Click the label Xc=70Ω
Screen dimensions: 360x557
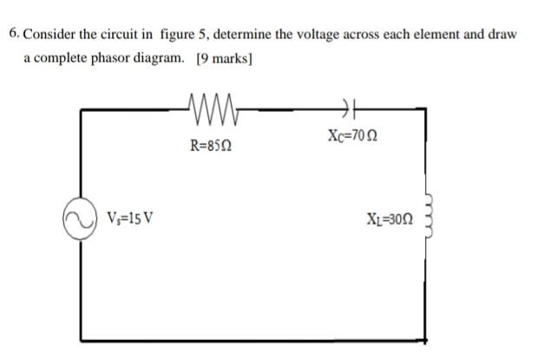point(355,137)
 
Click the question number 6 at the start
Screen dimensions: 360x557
point(14,35)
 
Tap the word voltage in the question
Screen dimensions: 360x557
point(332,35)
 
